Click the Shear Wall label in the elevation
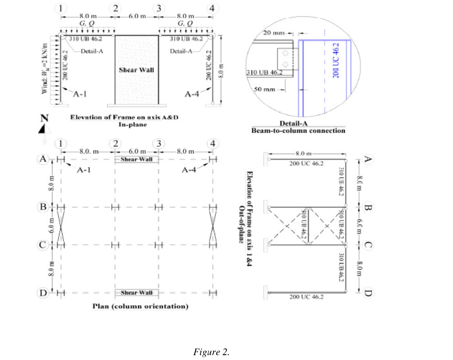coord(136,70)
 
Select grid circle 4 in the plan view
coord(214,143)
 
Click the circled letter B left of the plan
coord(43,206)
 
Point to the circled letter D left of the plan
coord(43,292)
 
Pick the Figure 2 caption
coord(211,352)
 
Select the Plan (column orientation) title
coord(141,306)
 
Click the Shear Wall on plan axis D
coord(136,293)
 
